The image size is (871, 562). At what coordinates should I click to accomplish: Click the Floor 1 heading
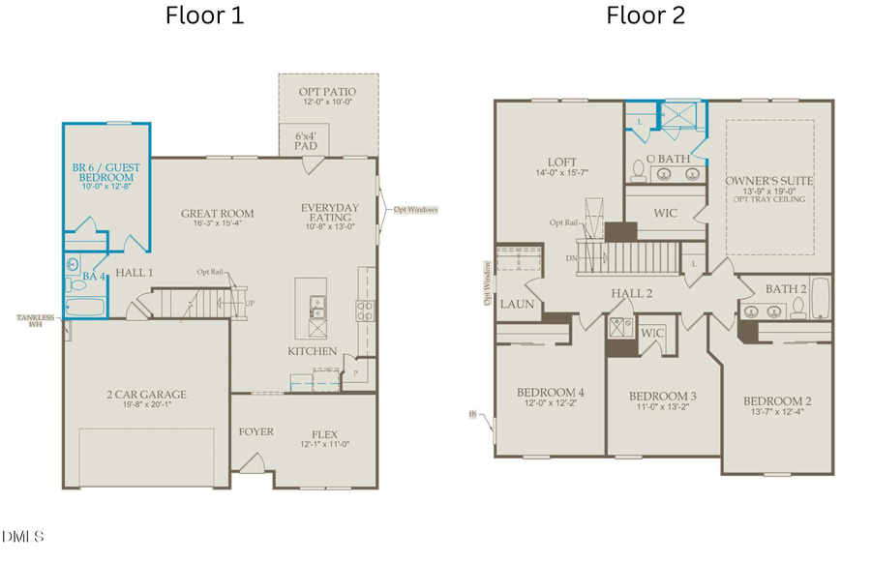click(x=204, y=15)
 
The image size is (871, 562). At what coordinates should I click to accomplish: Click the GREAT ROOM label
click(x=217, y=214)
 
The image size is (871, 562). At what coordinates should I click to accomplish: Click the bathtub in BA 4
click(x=86, y=308)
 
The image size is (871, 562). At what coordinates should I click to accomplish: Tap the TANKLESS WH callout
click(x=32, y=321)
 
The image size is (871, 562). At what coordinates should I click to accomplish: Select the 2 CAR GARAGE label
click(x=146, y=394)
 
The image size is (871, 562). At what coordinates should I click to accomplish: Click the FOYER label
click(x=255, y=431)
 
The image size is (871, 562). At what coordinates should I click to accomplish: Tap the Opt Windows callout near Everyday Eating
click(x=415, y=209)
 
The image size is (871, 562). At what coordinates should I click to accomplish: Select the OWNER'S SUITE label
click(x=769, y=180)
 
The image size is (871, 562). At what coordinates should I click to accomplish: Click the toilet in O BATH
click(x=637, y=172)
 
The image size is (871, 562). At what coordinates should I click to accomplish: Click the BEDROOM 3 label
click(x=663, y=397)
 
